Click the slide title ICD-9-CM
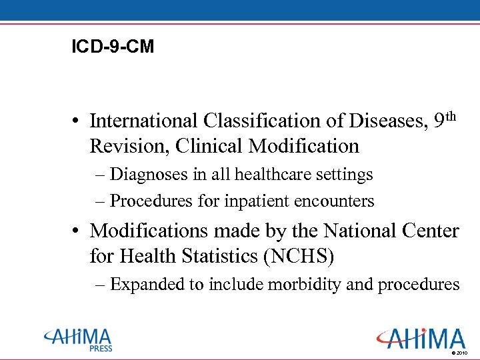tap(113, 47)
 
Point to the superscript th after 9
tap(451, 116)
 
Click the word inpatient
tap(236, 201)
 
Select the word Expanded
tap(147, 285)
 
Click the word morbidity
tap(305, 285)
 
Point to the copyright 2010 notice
tap(460, 352)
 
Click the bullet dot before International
tap(78, 121)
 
